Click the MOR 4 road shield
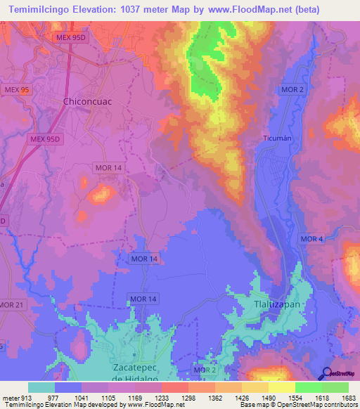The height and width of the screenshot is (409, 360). click(x=311, y=239)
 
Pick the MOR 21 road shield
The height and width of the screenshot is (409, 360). click(x=11, y=304)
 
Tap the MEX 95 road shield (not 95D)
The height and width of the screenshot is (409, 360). click(x=15, y=89)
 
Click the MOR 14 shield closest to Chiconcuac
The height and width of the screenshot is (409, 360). click(x=108, y=167)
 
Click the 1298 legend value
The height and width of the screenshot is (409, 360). click(x=187, y=398)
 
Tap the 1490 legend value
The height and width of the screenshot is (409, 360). click(x=267, y=398)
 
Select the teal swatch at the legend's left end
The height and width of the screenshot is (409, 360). click(x=41, y=387)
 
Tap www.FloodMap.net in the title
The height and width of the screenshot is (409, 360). click(x=230, y=10)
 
